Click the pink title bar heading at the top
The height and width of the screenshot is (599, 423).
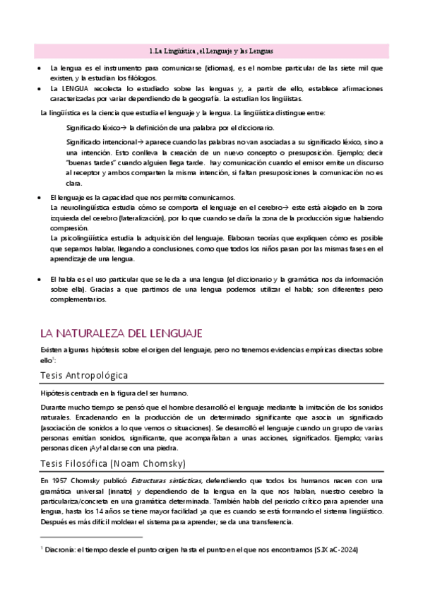tap(211, 52)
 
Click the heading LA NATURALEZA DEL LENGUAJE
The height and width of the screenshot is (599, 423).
tap(121, 332)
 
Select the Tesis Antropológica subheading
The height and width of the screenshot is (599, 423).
tap(83, 374)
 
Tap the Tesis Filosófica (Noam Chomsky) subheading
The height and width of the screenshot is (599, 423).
tap(114, 443)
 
